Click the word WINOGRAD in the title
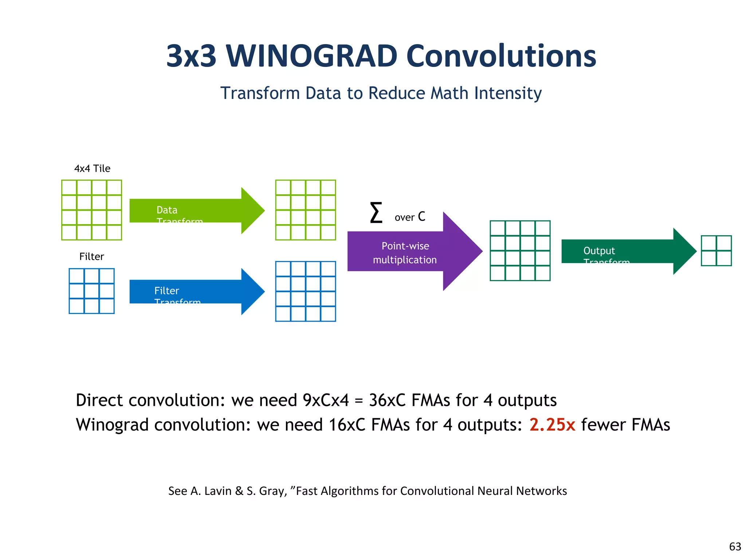(311, 56)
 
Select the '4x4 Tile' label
(92, 169)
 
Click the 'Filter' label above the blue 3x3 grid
(91, 257)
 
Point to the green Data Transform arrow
(197, 211)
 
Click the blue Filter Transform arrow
(197, 292)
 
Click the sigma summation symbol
(376, 213)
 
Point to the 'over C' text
(410, 217)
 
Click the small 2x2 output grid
(716, 251)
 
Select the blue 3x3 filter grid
(91, 291)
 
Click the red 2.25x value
(552, 425)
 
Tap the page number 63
(735, 547)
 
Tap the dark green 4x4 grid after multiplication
(520, 251)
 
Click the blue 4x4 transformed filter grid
(305, 291)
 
